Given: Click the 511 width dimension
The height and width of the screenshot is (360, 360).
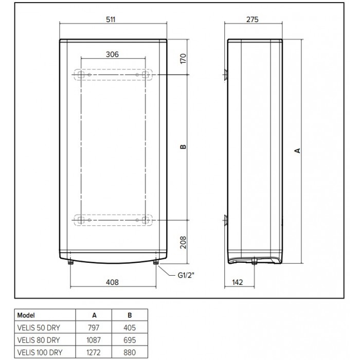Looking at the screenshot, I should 112,19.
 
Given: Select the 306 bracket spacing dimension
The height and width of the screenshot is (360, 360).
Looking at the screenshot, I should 113,55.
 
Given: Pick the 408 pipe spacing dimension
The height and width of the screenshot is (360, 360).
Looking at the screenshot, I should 112,282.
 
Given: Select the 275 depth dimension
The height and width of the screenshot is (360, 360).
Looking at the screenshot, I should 252,19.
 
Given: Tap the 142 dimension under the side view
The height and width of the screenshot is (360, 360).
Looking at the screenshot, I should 237,282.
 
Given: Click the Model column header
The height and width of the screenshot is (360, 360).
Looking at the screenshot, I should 26,315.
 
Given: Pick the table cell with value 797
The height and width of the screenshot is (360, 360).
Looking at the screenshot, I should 93,326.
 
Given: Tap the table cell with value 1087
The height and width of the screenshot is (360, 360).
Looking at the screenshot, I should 93,337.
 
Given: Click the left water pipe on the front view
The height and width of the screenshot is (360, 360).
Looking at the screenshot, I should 70,263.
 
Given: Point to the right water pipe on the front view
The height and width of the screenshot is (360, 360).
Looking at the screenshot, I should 155,263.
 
